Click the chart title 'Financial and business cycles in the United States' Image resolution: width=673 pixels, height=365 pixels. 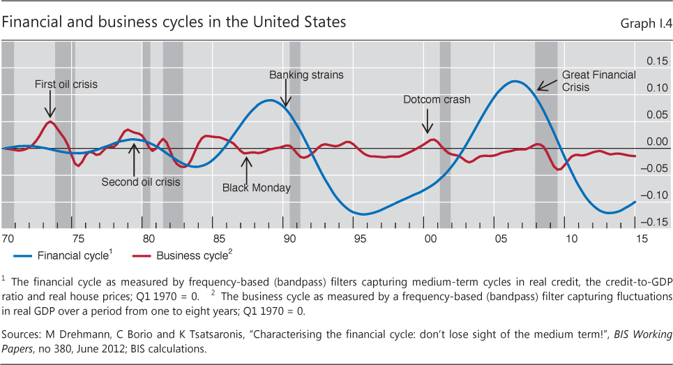(174, 22)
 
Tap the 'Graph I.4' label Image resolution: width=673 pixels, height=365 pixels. (645, 23)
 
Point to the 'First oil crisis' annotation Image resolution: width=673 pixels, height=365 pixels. (66, 84)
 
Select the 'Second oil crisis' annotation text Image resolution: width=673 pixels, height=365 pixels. (141, 182)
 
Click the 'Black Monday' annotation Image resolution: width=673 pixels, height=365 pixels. (257, 188)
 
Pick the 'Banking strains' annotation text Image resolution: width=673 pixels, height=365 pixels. (306, 75)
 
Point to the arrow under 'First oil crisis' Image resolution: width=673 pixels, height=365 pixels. (50, 107)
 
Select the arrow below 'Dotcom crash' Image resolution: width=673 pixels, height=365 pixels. (428, 123)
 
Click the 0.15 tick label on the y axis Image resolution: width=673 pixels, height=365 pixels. (656, 61)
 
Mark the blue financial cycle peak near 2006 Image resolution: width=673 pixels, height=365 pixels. (515, 82)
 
